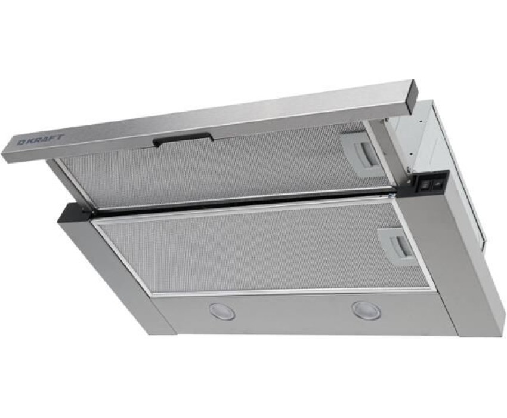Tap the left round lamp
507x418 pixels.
(222, 311)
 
